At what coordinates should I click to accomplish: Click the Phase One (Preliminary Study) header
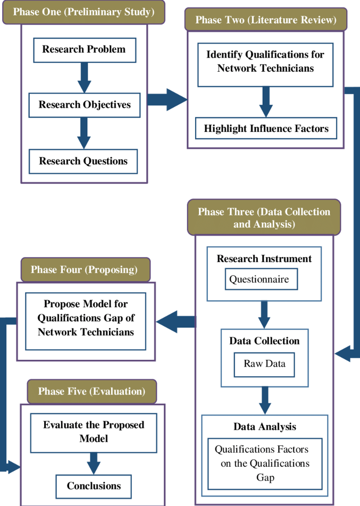tap(83, 12)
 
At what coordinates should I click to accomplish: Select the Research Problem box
tap(84, 50)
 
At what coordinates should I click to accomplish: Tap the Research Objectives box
tap(85, 105)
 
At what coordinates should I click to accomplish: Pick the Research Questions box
tap(83, 161)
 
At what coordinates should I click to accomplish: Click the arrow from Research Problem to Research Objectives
tap(84, 78)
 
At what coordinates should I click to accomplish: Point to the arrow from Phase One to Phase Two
tap(166, 99)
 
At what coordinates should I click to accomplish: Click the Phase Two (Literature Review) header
tap(266, 20)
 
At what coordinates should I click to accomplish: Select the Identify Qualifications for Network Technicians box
tap(265, 62)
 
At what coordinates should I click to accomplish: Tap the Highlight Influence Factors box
tap(266, 129)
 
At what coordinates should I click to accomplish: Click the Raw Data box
tap(264, 364)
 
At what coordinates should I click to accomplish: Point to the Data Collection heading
tap(264, 341)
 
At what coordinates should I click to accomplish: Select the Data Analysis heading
tap(265, 427)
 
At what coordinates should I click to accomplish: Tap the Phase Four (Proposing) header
tap(84, 270)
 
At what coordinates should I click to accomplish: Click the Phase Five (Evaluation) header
tap(91, 392)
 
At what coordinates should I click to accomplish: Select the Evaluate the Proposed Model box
tap(94, 432)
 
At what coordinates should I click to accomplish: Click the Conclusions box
tap(94, 486)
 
